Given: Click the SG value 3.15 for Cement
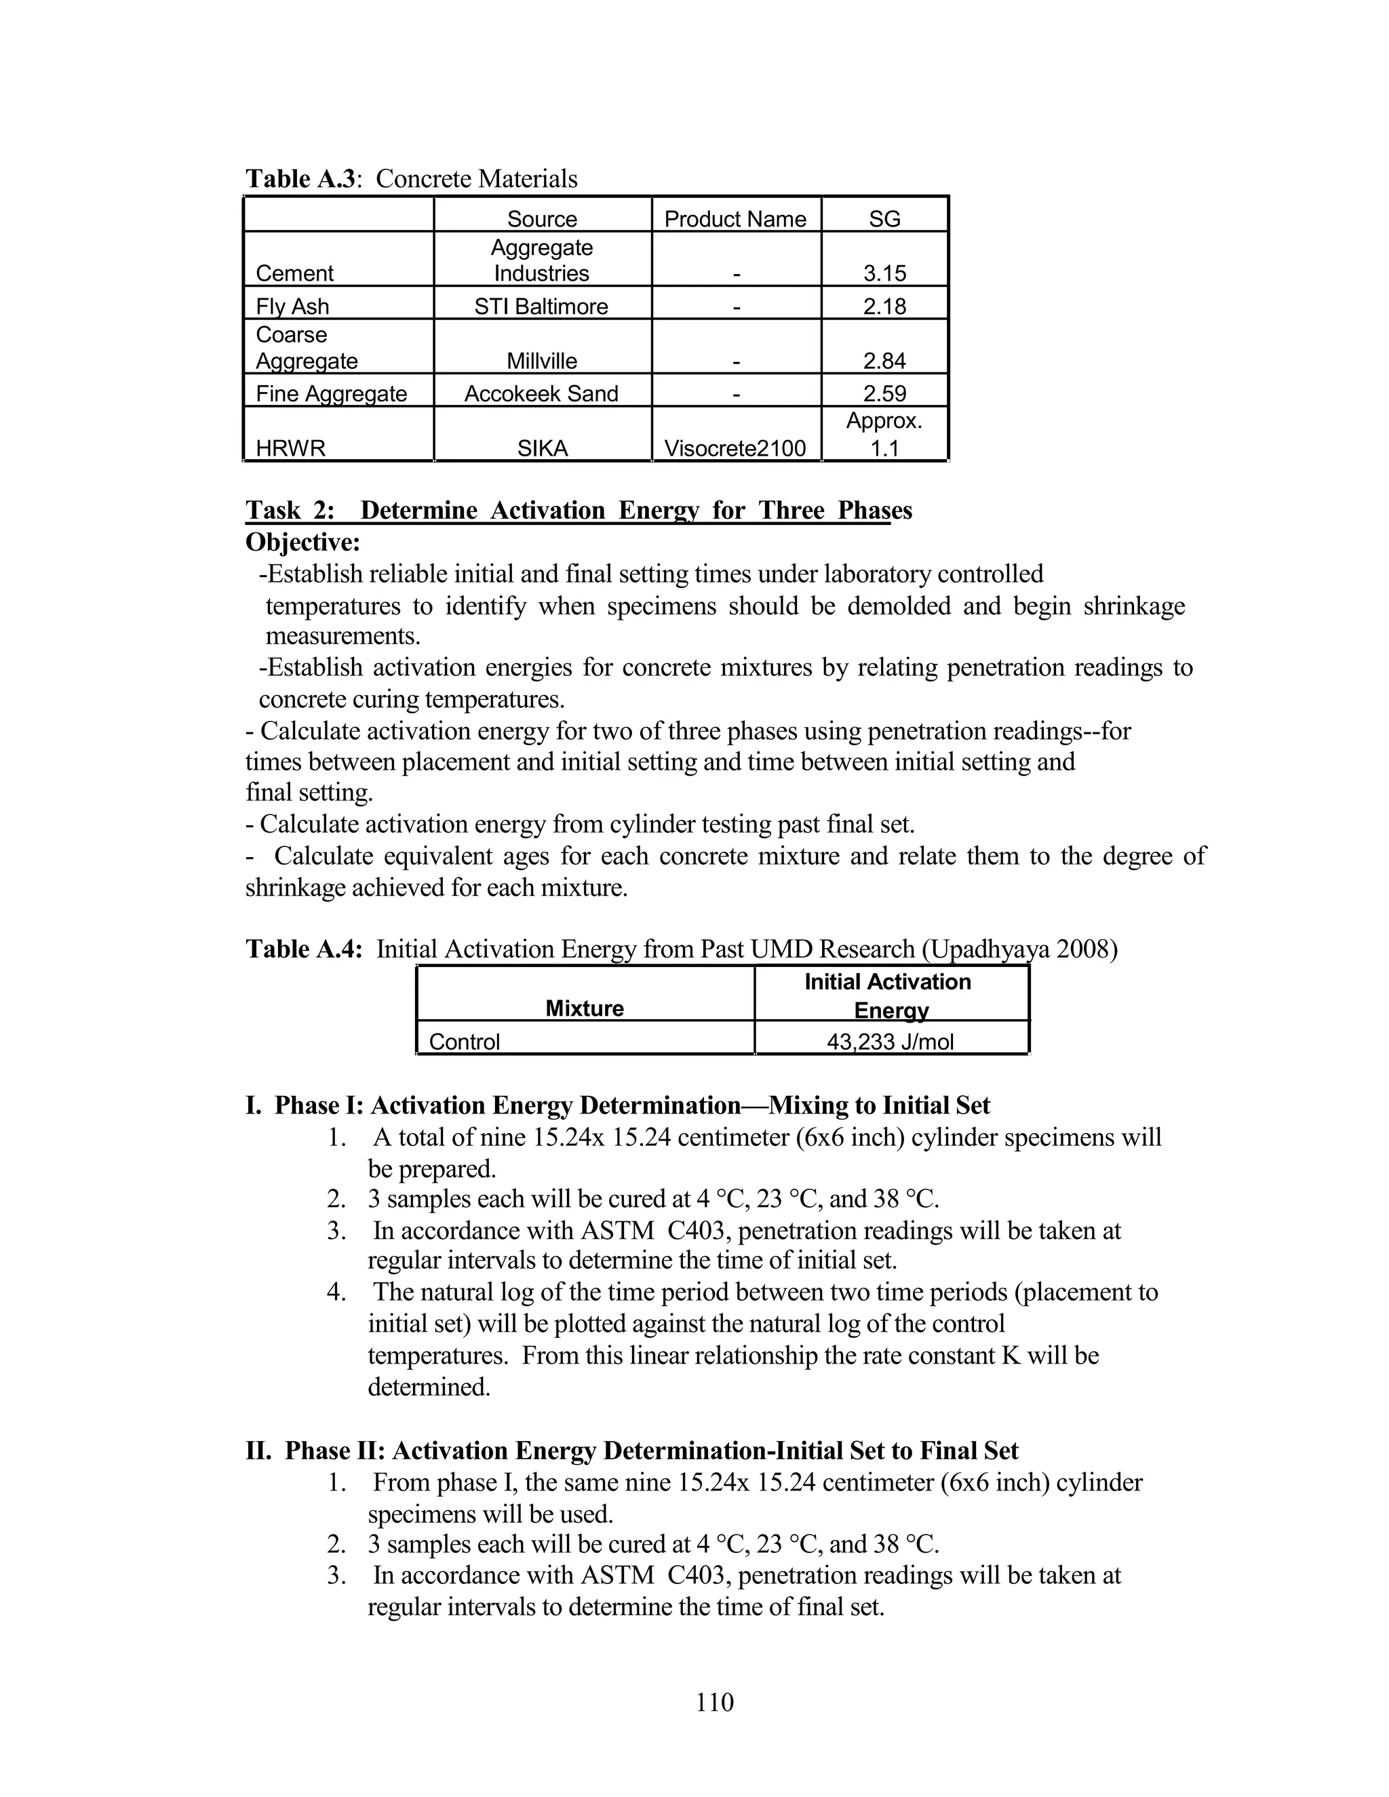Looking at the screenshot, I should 884,273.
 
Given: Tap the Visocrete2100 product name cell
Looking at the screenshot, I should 735,448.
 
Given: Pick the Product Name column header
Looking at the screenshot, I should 735,219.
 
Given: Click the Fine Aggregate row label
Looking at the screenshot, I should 332,393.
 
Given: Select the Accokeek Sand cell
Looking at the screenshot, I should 541,393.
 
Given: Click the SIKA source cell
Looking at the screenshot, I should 541,448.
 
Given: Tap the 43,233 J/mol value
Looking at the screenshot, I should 891,1042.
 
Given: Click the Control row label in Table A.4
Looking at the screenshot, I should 464,1042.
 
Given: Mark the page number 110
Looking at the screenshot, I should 714,1701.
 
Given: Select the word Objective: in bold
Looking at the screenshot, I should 302,542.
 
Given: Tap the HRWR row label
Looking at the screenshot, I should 290,448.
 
